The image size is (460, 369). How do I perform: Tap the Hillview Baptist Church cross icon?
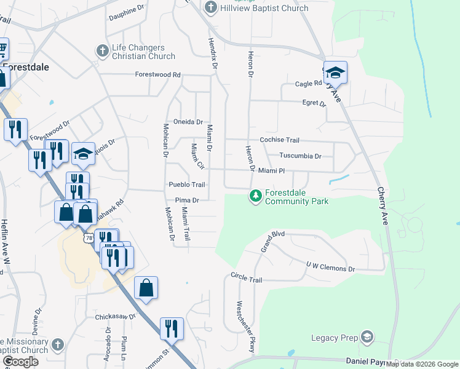[211, 8]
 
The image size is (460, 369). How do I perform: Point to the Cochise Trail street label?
[279, 140]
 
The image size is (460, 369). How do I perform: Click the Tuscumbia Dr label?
[300, 156]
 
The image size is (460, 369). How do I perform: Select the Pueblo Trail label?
[186, 184]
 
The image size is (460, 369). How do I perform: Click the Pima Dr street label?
[187, 200]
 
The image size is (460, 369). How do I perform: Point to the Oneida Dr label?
[188, 122]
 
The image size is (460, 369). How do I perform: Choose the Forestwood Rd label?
[158, 75]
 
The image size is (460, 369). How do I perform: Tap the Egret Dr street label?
[313, 103]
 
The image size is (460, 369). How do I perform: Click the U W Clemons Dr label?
[331, 266]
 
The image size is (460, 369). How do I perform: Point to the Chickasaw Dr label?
[115, 317]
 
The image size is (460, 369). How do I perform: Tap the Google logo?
[20, 362]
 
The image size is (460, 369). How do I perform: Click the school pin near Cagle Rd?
[335, 73]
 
